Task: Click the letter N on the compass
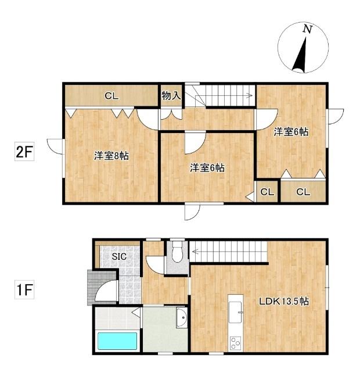(306, 29)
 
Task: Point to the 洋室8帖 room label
(111, 156)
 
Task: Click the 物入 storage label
(171, 95)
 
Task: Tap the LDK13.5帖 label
(283, 302)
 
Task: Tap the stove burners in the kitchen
(236, 341)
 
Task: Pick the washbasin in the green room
(181, 319)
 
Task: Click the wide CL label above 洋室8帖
(111, 96)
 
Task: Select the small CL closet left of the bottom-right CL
(267, 192)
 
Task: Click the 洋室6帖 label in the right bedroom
(291, 132)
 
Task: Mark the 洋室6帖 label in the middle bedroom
(207, 169)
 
